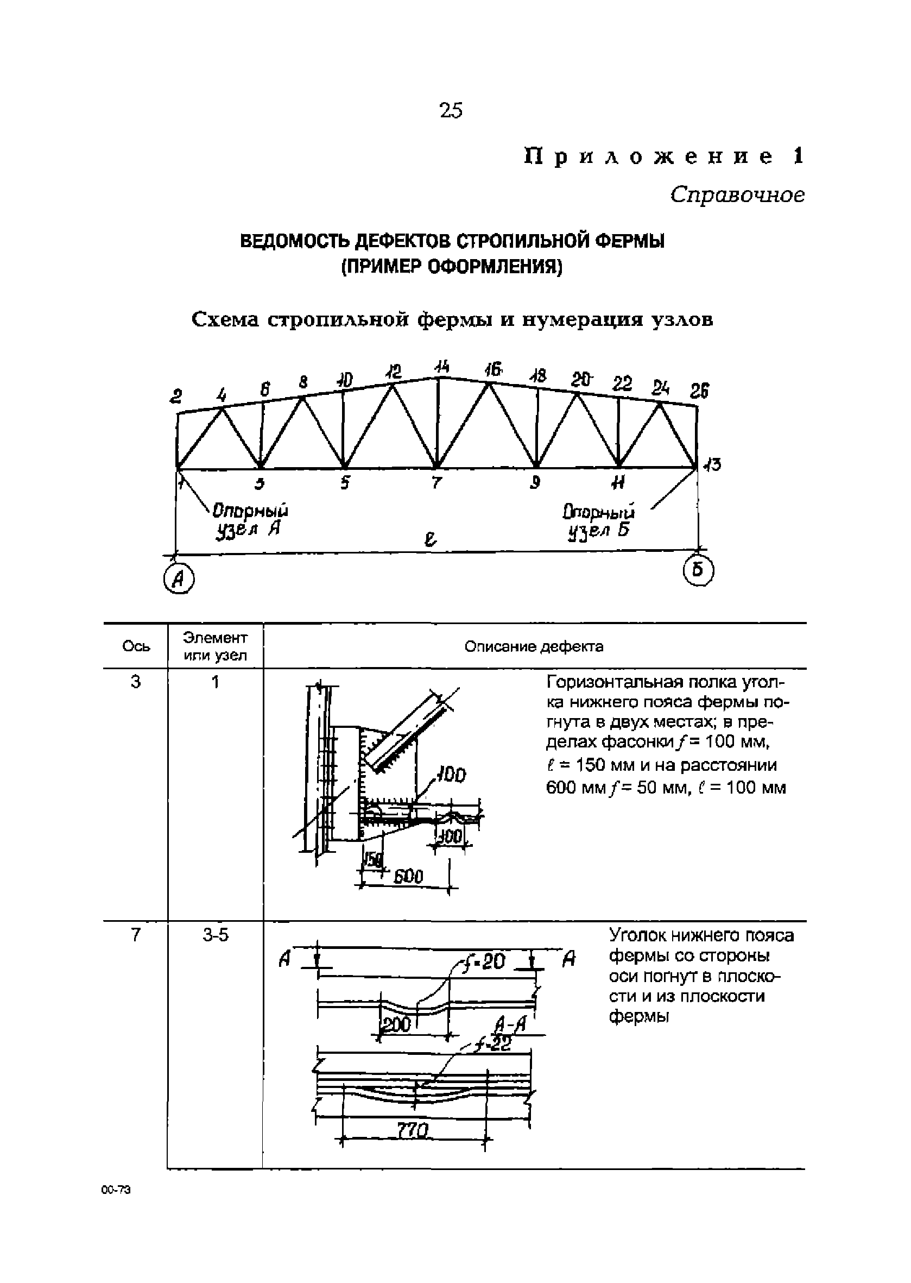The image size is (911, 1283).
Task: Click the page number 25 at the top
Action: (451, 111)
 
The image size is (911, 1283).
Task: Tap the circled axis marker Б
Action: (698, 571)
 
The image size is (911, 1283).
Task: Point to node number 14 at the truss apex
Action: (442, 367)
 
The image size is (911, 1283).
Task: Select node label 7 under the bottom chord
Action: (437, 483)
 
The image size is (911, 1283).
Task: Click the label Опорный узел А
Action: (251, 520)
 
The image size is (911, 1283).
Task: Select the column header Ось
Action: (136, 646)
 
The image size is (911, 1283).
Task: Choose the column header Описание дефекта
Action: (534, 646)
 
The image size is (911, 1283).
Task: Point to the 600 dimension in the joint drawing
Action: (408, 876)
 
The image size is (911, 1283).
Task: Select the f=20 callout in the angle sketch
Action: (483, 962)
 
